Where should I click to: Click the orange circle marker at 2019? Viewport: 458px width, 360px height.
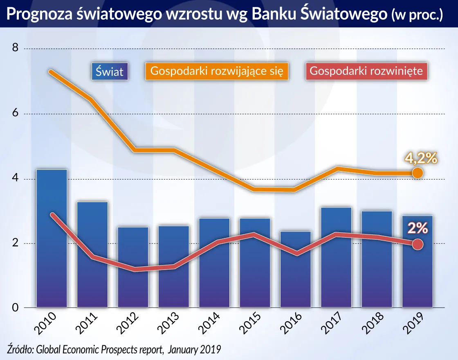pos(417,173)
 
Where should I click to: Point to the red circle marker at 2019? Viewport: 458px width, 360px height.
pos(417,244)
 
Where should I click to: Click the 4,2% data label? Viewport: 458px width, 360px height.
pos(421,157)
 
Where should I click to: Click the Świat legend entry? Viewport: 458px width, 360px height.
pos(110,72)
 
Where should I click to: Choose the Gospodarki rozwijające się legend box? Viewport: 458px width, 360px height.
pos(217,71)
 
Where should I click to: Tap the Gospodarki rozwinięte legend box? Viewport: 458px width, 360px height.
pos(366,71)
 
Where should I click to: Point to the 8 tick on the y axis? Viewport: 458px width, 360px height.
pos(15,48)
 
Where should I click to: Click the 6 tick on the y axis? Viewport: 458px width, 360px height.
pos(15,114)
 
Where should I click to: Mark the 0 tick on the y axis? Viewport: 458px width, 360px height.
pos(15,308)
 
